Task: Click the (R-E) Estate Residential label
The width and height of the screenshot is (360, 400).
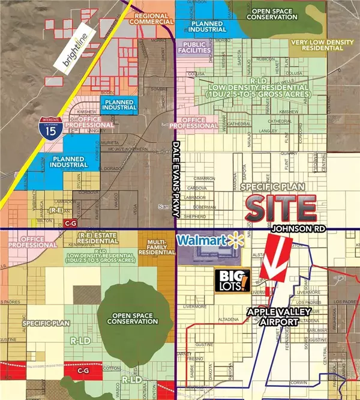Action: point(103,242)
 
